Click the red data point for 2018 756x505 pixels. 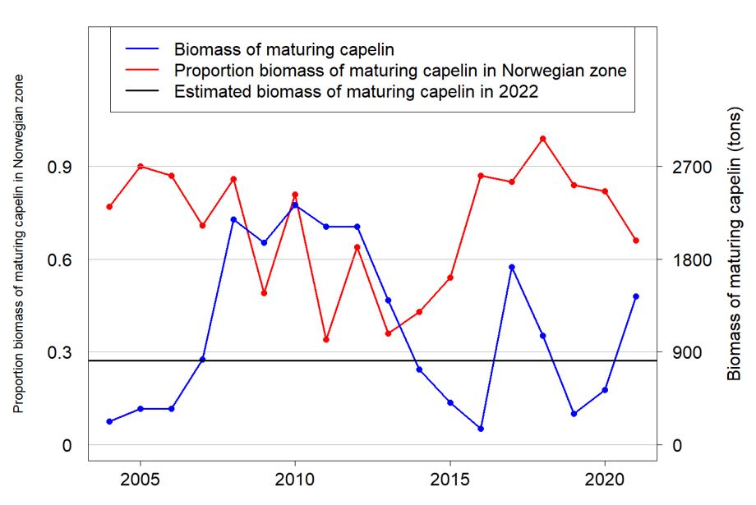point(543,139)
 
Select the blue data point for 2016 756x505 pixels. point(481,429)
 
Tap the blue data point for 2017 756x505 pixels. point(512,267)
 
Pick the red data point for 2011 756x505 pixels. point(326,339)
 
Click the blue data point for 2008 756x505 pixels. point(233,219)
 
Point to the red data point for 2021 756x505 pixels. point(636,241)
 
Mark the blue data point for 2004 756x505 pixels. point(109,421)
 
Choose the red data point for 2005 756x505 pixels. point(141,166)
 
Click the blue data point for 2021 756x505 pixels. point(636,296)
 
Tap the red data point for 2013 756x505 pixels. point(388,333)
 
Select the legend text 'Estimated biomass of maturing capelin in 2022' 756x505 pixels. point(356,92)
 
